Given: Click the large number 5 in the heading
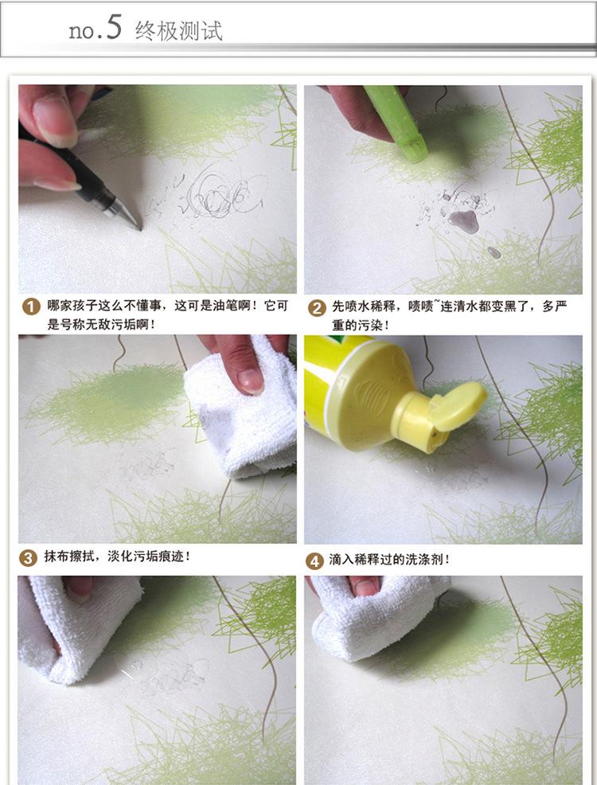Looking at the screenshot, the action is coord(114,27).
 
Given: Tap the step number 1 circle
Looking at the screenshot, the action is coord(31,307).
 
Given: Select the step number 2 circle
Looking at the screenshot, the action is coord(317,308).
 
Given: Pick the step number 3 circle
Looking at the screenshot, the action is coord(28,557).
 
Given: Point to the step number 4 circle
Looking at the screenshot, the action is coord(314,561).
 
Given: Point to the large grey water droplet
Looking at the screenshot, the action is coord(464,221).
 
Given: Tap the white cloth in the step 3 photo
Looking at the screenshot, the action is coord(243,413).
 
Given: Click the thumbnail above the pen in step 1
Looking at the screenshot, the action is coord(53,119).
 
